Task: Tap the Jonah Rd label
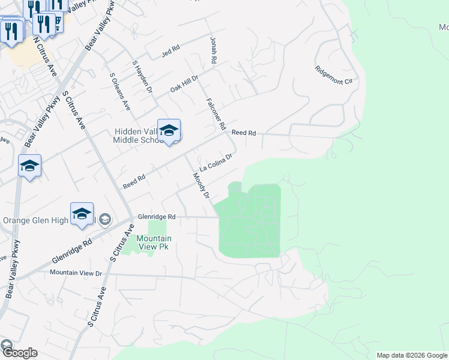click(213, 50)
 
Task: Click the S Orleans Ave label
click(119, 91)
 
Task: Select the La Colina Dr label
click(215, 162)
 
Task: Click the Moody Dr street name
click(200, 186)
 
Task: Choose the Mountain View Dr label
click(76, 273)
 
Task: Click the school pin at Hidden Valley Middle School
click(169, 130)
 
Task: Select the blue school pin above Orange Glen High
click(82, 214)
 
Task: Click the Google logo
click(19, 352)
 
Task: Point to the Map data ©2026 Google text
click(412, 355)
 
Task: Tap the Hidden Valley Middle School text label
click(138, 136)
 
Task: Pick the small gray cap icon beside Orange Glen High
click(105, 220)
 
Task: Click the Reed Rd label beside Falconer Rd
click(244, 133)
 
